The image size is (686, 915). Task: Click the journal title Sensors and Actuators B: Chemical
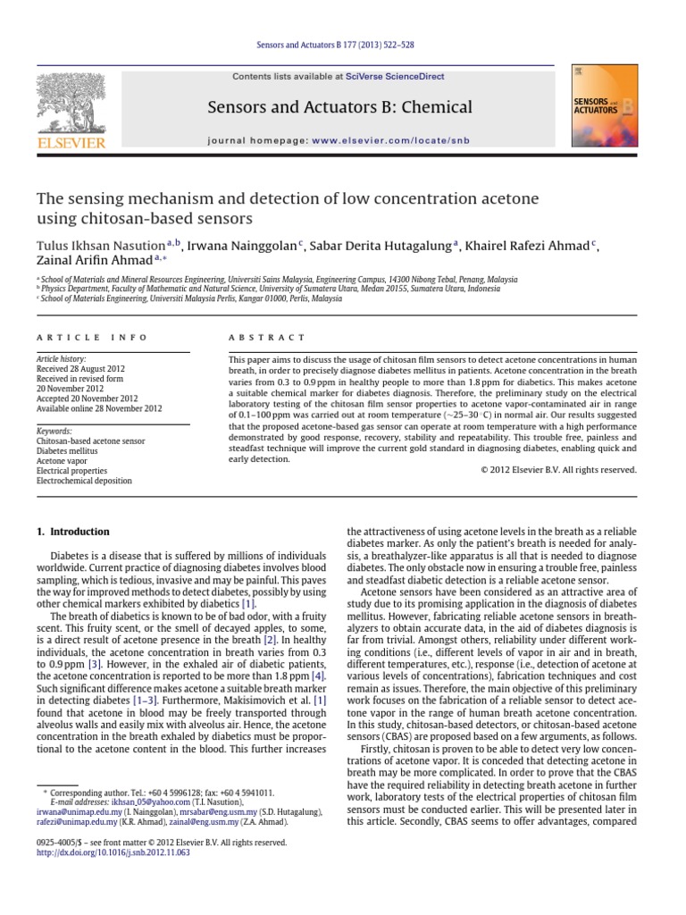pos(339,108)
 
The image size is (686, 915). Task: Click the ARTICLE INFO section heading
pos(79,337)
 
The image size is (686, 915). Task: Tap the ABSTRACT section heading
pos(255,337)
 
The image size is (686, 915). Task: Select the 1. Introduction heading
pos(72,532)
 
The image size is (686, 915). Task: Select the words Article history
pos(61,358)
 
